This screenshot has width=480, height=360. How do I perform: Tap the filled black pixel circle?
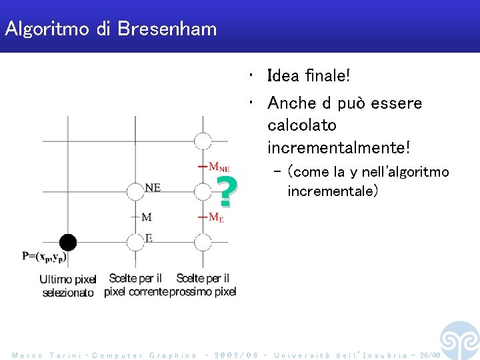click(x=67, y=242)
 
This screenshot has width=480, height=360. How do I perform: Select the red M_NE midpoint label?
click(x=219, y=167)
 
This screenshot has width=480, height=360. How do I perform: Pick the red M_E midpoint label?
click(x=216, y=217)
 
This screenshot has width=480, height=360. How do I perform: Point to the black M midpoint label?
click(x=147, y=217)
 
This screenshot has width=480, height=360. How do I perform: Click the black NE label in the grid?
click(x=153, y=187)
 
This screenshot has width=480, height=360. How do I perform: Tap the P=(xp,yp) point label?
click(x=44, y=256)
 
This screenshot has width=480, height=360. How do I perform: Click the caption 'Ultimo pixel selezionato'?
click(x=68, y=285)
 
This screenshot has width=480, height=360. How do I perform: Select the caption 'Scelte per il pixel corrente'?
click(x=135, y=285)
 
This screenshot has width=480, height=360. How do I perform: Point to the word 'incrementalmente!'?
click(x=339, y=146)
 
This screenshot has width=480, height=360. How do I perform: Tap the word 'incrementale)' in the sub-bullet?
click(x=333, y=191)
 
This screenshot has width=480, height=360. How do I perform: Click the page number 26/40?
click(x=425, y=355)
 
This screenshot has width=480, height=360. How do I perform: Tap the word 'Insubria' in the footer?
click(x=386, y=355)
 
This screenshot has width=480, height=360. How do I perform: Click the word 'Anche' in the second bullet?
click(x=289, y=103)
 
